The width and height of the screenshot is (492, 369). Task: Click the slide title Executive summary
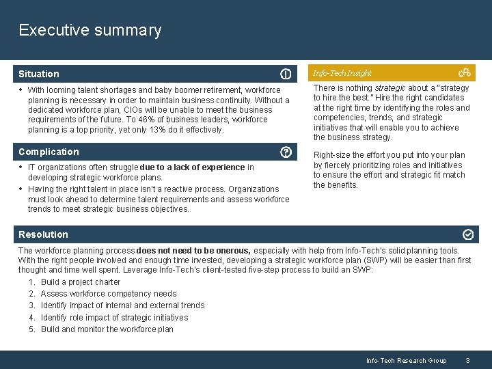(90, 30)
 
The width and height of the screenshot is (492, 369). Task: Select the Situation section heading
(39, 74)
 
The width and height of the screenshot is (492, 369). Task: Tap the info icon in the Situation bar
(286, 74)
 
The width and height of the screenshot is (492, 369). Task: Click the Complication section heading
(49, 152)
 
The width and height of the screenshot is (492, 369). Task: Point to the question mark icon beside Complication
(286, 152)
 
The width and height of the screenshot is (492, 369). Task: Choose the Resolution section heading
(43, 234)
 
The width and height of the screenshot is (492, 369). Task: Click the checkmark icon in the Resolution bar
(468, 234)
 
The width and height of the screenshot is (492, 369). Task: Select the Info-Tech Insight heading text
(342, 73)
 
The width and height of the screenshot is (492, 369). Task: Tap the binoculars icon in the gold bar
(464, 72)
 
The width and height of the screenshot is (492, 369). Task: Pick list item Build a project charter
(80, 282)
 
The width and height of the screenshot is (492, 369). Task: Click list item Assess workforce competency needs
(108, 294)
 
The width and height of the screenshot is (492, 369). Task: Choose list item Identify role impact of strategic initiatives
(114, 318)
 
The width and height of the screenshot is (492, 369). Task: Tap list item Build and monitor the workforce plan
(107, 329)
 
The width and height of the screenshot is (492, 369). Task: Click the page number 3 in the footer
(467, 360)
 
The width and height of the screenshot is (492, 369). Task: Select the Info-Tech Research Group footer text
(406, 360)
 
